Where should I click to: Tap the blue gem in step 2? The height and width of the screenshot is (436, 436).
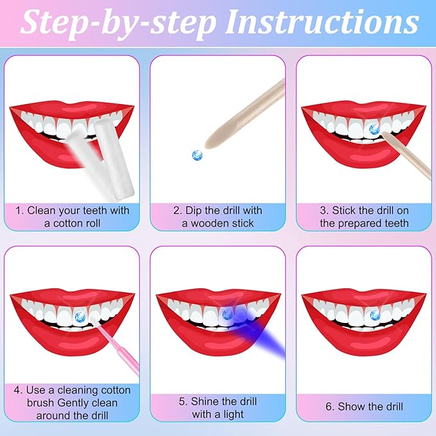[197, 154]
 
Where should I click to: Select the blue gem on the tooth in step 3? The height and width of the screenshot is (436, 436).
[374, 129]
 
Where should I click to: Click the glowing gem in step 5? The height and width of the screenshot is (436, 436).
[227, 314]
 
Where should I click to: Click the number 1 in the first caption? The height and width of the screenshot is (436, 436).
[19, 211]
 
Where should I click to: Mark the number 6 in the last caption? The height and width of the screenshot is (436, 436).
[331, 406]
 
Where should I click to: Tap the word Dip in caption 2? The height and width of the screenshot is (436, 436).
[189, 211]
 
